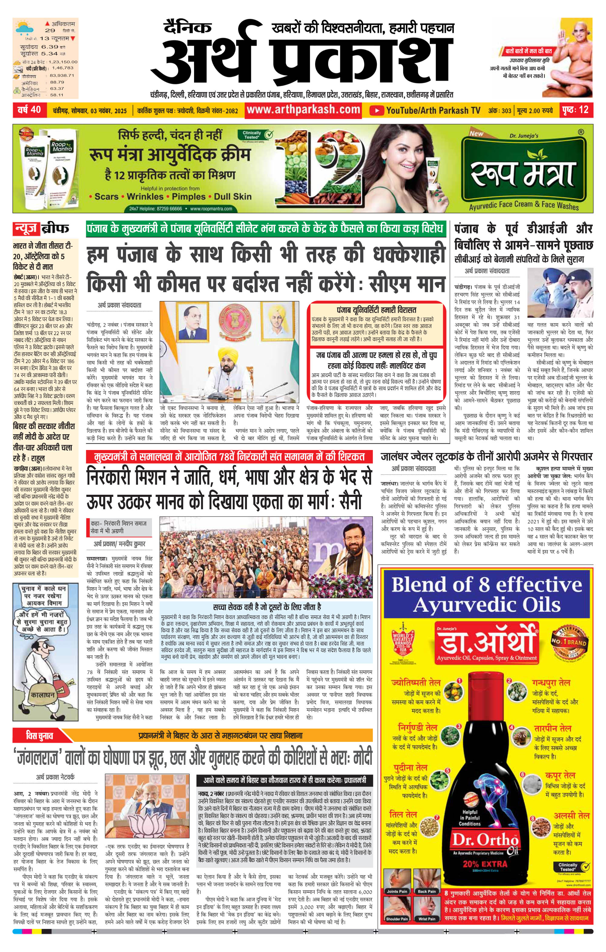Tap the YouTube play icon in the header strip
click(377, 110)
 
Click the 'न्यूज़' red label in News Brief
click(27, 229)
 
